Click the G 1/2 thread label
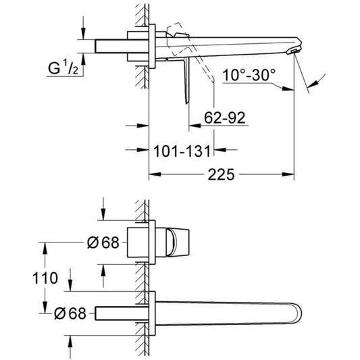tap(63, 68)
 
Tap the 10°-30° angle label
tap(249, 74)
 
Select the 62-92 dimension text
tap(225, 118)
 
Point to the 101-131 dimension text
tap(182, 151)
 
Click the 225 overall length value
tap(221, 174)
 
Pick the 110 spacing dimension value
tap(45, 278)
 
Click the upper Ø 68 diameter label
tap(103, 242)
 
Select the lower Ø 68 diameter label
tap(70, 313)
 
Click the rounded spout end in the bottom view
tap(297, 313)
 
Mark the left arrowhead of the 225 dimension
tap(155, 174)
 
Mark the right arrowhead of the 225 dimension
tap(288, 174)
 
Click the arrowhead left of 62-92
tap(195, 126)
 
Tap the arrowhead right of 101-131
tap(220, 150)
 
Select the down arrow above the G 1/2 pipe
tap(83, 34)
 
